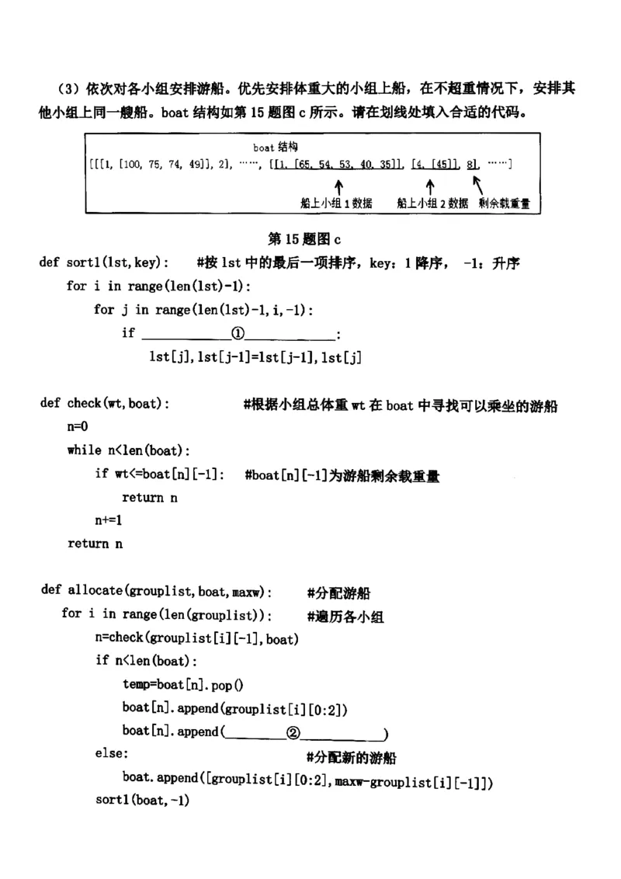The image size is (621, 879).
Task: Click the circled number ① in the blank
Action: [x=238, y=334]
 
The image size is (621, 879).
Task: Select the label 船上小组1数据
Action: [x=336, y=203]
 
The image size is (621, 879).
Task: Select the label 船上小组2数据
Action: [x=432, y=203]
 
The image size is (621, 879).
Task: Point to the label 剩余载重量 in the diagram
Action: [x=509, y=203]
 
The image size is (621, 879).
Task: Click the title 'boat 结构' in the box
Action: [x=276, y=147]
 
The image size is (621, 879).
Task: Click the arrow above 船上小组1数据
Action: [x=338, y=186]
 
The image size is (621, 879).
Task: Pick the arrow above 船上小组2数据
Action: [x=429, y=186]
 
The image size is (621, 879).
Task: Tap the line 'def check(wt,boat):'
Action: [x=106, y=403]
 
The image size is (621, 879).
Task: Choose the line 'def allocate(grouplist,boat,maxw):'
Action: [x=156, y=591]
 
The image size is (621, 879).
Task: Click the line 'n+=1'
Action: [x=109, y=520]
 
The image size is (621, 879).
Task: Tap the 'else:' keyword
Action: [x=113, y=754]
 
